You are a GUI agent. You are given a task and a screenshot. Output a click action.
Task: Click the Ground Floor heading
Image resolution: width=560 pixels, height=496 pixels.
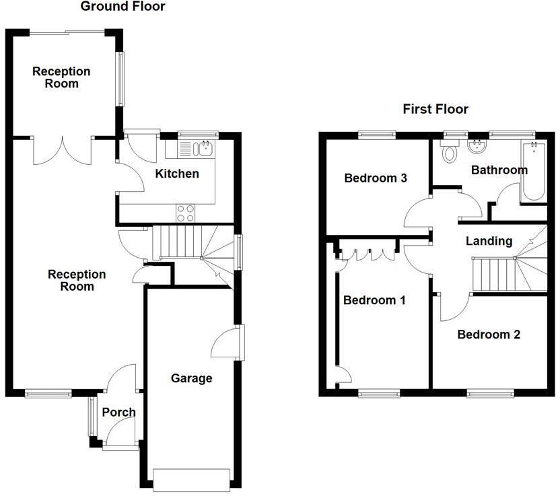coord(123,7)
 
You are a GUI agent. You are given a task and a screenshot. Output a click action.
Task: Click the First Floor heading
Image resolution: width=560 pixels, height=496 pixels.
coord(435,109)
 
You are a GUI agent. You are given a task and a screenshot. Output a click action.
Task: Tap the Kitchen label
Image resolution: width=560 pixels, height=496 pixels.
coord(177,174)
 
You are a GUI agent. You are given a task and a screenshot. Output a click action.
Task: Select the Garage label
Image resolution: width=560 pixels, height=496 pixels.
coord(191,378)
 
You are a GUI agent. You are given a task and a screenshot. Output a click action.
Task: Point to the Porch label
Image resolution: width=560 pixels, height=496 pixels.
coord(118,413)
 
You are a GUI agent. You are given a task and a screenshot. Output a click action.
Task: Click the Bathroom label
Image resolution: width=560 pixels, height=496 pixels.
coord(499,170)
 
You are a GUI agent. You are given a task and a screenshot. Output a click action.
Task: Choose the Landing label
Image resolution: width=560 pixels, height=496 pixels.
coord(489,241)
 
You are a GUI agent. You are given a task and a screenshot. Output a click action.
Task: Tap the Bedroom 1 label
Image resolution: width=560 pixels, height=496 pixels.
coord(374,300)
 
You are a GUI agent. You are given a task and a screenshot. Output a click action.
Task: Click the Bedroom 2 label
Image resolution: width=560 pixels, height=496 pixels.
coord(489,334)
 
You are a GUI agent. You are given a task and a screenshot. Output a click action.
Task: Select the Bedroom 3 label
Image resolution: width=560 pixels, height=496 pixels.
coord(376,178)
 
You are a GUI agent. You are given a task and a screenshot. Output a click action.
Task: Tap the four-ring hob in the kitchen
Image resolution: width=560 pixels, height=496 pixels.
coord(185,213)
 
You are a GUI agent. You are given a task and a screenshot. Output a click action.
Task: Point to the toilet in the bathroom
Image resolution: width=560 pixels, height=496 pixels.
coord(449,151)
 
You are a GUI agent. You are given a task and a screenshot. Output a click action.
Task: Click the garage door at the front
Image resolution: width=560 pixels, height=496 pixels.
coord(191,479)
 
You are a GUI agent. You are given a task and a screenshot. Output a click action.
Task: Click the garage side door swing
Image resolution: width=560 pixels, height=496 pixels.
coord(225,345)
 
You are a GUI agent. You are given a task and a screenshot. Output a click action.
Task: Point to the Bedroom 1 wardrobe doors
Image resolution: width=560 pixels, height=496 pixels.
coord(368,254)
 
